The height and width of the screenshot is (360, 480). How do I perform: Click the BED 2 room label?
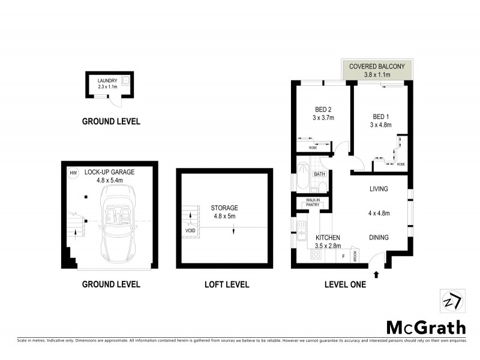[x=323, y=109]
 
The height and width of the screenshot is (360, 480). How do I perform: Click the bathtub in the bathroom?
[x=301, y=177]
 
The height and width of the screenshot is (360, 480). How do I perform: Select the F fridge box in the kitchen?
[x=343, y=256]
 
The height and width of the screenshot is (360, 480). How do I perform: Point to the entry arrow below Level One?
[x=376, y=275]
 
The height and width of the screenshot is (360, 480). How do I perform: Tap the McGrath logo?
[x=425, y=327]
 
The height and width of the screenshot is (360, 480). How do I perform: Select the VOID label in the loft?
[x=190, y=230]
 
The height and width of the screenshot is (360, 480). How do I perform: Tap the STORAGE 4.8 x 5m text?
[x=224, y=212]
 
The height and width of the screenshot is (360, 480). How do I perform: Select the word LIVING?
[x=379, y=189]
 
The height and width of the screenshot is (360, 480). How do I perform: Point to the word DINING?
[x=379, y=237]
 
